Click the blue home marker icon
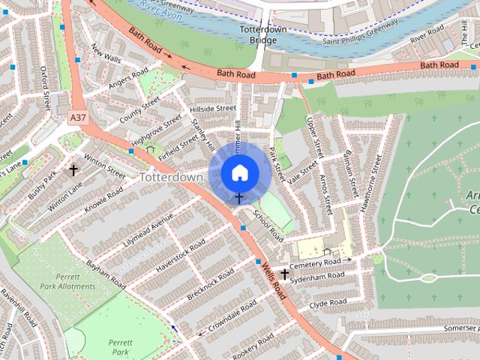[x=238, y=173]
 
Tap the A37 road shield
[x=77, y=118]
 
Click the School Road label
[x=268, y=225]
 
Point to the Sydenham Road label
[x=319, y=277]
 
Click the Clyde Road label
[x=328, y=304]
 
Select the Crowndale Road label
[x=235, y=319]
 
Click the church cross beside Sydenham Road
[x=284, y=274]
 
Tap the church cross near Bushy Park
[x=73, y=170]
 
